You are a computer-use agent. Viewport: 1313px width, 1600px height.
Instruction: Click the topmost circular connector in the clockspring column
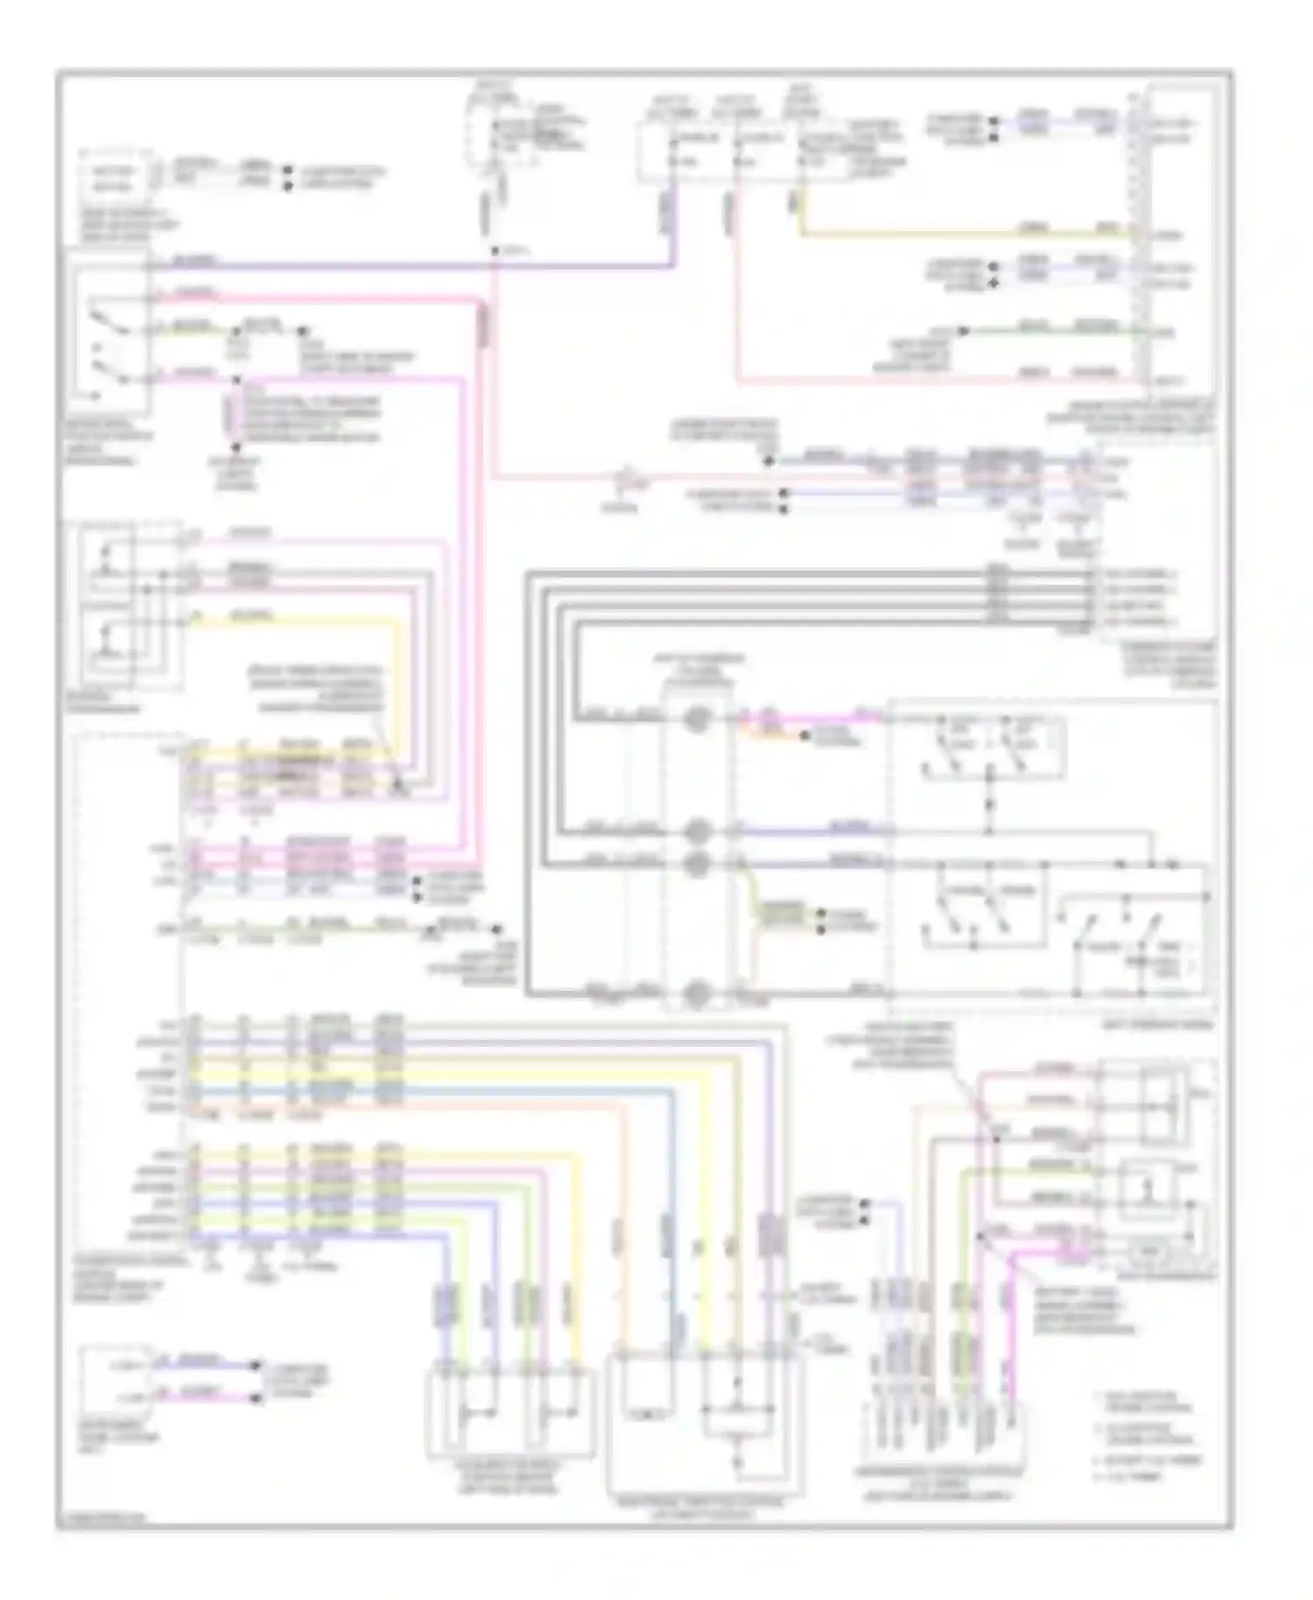click(x=696, y=719)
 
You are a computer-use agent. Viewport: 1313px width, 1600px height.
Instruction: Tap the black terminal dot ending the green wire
click(x=963, y=331)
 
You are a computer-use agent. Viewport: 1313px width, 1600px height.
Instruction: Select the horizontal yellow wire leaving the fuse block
click(x=963, y=234)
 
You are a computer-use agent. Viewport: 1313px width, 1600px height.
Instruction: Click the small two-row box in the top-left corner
click(x=112, y=179)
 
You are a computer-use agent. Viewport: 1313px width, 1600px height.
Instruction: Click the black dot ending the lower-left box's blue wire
click(x=256, y=1364)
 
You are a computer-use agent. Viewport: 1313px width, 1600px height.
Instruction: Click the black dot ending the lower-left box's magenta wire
click(x=256, y=1398)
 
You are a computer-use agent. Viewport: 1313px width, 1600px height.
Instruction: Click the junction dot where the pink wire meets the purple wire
click(x=495, y=251)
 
